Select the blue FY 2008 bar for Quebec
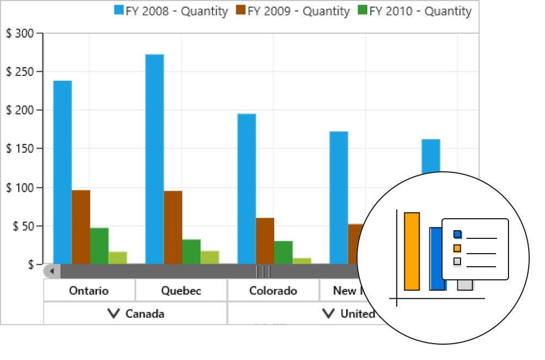154,159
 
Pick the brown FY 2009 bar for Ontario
81,226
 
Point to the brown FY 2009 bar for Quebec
173,227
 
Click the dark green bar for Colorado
283,252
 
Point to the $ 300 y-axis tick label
20,34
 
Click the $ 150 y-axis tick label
20,149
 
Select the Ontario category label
89,291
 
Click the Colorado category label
273,291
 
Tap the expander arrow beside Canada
113,313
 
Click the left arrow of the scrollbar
52,271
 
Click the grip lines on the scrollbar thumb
263,271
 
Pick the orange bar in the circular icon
412,251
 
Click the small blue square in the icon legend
458,235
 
